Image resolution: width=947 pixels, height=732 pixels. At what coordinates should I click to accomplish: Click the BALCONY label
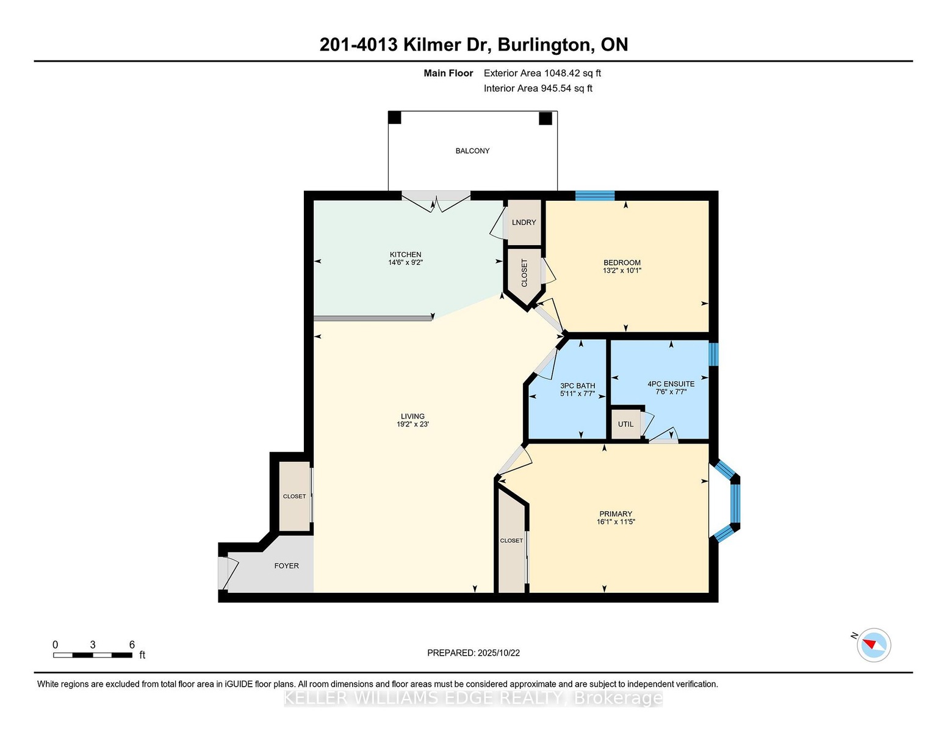pos(472,151)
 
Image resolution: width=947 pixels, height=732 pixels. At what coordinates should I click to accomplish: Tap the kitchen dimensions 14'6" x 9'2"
pos(405,262)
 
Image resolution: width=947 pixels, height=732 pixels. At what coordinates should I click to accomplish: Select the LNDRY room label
pos(524,223)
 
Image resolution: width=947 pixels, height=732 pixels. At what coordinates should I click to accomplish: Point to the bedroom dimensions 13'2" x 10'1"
pos(622,270)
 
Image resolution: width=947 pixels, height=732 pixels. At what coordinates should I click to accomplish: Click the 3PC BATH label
pos(577,386)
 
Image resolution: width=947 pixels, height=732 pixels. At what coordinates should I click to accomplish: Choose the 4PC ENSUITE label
pos(671,384)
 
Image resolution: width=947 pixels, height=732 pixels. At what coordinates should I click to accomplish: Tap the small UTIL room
pos(626,424)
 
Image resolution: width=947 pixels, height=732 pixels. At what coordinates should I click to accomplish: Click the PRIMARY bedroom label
pos(616,514)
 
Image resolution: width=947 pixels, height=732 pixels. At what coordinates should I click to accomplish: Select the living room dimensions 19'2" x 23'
pos(412,424)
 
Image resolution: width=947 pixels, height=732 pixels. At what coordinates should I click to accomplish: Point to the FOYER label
pos(286,565)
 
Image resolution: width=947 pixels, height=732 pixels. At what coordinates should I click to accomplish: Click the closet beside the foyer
pos(295,497)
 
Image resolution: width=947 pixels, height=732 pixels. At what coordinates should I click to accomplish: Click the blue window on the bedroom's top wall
pos(595,196)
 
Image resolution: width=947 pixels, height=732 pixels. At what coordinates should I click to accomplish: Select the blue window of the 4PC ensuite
pos(713,354)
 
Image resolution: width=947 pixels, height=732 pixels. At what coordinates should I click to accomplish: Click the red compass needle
pos(869,644)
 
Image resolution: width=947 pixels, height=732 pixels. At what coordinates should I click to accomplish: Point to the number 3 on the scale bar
pos(92,645)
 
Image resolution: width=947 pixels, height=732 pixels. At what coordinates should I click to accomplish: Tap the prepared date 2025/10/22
pos(499,653)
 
